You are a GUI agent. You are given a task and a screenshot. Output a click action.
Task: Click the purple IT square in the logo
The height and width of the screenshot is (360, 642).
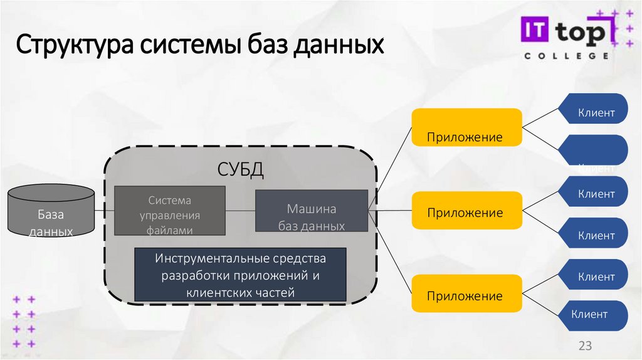click(533, 29)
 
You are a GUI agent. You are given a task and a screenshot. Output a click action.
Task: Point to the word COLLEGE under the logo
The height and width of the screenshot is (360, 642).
click(566, 55)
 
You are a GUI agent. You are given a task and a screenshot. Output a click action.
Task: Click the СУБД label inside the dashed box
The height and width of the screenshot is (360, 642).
click(239, 169)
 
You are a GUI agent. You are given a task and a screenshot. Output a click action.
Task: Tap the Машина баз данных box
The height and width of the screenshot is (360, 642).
click(312, 211)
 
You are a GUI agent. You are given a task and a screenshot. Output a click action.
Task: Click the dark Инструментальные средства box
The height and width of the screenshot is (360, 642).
click(241, 275)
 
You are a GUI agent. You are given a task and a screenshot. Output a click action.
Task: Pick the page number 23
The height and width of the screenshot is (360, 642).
click(584, 346)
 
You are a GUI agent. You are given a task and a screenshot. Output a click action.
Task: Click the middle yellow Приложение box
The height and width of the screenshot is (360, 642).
click(466, 210)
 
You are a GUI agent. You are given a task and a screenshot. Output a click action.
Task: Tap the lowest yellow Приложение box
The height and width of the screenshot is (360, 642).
click(466, 293)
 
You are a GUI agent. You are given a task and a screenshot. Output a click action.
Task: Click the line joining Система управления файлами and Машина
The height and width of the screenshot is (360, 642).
click(240, 209)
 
